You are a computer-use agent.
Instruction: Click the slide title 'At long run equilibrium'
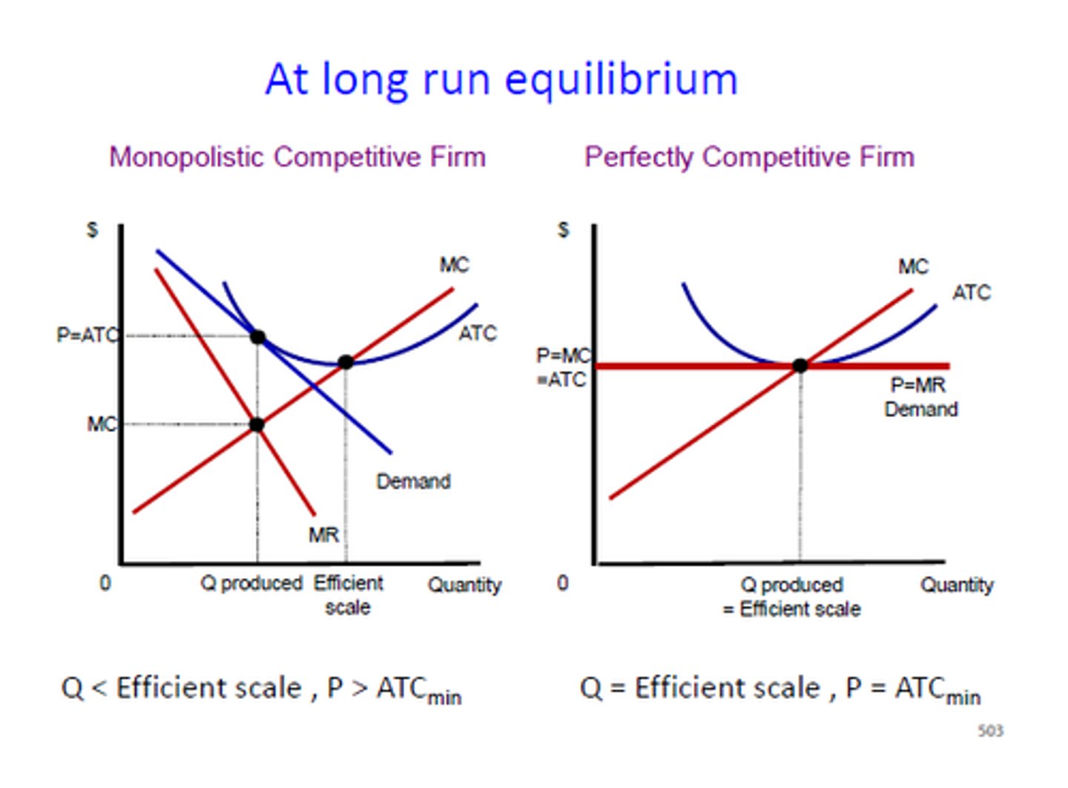tap(501, 79)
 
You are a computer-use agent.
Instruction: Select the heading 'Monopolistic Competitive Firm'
tap(297, 157)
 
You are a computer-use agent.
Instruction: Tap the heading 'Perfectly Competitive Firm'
tap(749, 157)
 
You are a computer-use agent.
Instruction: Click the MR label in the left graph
tap(323, 534)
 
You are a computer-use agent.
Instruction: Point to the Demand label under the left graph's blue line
tap(413, 482)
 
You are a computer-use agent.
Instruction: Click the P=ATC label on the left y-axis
tap(87, 335)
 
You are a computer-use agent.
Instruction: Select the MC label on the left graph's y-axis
tap(102, 424)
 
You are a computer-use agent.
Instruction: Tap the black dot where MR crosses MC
tap(257, 425)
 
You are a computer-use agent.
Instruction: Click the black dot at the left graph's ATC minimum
tap(346, 362)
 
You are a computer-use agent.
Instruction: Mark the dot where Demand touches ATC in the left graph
tap(257, 337)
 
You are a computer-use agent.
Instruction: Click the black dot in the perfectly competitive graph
tap(800, 365)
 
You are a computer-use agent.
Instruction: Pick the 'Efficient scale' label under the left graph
tap(348, 594)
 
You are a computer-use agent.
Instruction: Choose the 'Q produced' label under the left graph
tap(251, 583)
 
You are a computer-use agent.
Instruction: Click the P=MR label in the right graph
tap(918, 385)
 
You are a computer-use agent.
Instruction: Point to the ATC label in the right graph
tap(972, 292)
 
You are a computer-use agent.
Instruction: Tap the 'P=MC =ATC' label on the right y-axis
tap(563, 368)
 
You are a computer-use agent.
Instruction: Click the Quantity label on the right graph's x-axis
tap(957, 585)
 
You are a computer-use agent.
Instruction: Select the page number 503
tap(990, 731)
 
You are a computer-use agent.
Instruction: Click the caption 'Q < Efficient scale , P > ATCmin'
tap(261, 689)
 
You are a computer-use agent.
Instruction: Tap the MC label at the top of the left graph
tap(454, 265)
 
